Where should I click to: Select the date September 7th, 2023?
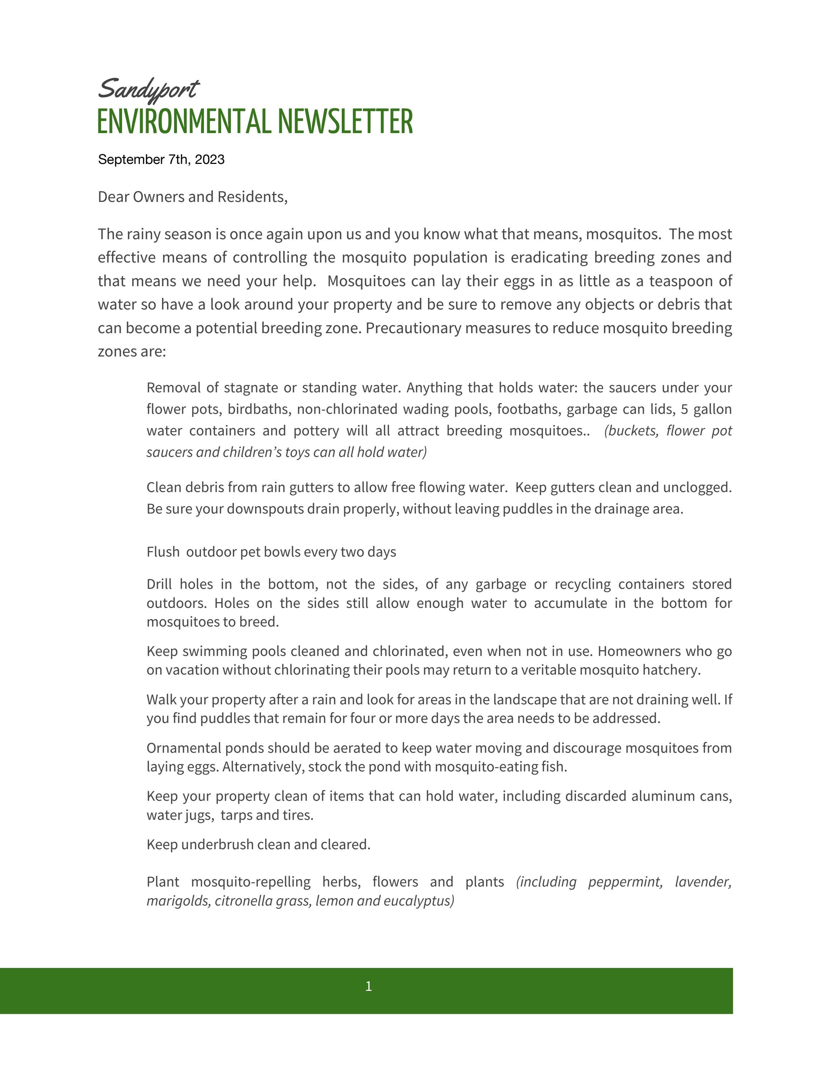161,160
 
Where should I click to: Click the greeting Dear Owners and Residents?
192,197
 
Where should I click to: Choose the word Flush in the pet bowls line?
163,552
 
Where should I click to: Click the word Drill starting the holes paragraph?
159,584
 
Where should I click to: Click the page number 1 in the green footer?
368,986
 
